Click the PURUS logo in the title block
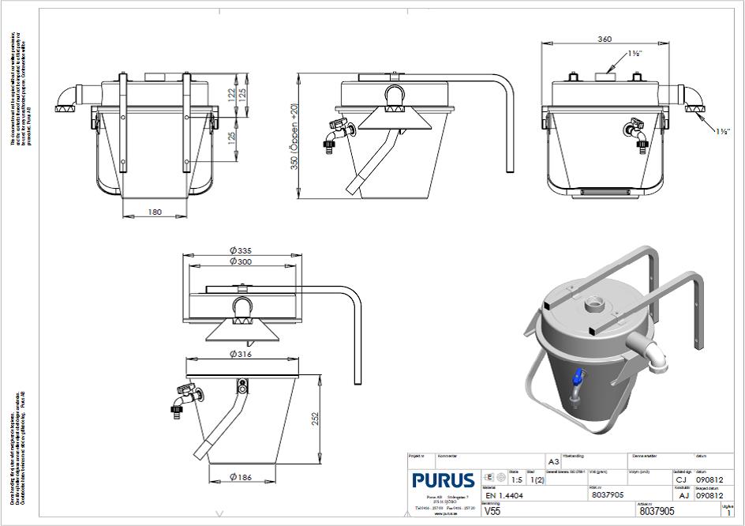tap(443, 480)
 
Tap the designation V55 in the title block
tap(492, 511)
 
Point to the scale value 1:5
tap(516, 479)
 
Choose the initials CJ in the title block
tap(681, 479)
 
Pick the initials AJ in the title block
tap(683, 495)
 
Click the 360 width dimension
tap(606, 39)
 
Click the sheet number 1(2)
tap(537, 479)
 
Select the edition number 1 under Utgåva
tap(728, 512)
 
